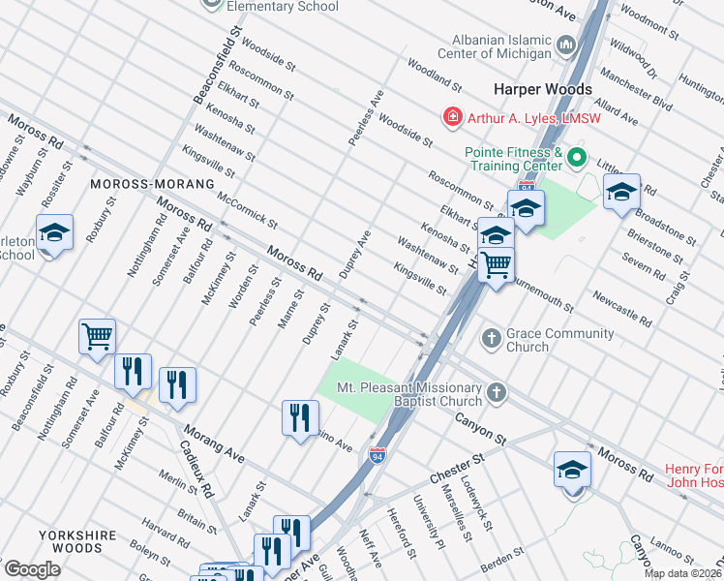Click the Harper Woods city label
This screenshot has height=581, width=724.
542,89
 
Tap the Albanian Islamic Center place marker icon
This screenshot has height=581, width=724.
565,46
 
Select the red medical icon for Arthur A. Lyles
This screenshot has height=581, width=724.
451,118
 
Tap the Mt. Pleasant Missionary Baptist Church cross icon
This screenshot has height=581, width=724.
497,393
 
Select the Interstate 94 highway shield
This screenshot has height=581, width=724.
377,455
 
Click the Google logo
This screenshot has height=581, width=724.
31,569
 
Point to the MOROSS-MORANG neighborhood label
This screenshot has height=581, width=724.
151,183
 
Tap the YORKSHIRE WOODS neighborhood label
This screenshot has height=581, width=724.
77,540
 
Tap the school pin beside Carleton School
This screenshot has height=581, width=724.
55,233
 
